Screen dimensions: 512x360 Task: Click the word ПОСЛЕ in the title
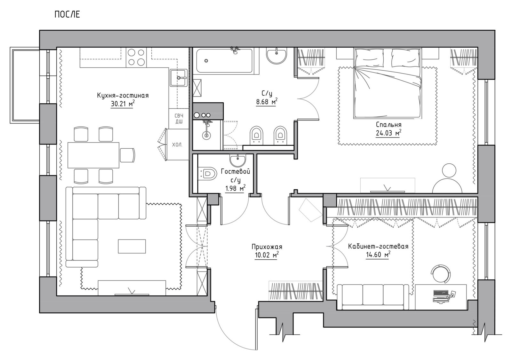[67, 15]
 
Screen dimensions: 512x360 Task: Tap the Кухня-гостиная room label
[123, 96]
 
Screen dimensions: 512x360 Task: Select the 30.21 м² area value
[122, 104]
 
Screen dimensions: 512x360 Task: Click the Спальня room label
[388, 125]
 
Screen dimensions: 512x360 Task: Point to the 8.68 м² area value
[267, 102]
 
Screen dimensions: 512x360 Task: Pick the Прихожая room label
[267, 247]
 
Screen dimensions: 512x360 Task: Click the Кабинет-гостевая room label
[378, 247]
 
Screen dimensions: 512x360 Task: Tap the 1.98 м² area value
[235, 188]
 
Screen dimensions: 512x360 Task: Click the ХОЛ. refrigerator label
[177, 145]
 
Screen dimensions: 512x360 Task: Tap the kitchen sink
[178, 78]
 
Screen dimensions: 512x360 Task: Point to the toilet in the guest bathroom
[207, 174]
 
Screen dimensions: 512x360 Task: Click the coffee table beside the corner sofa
[132, 246]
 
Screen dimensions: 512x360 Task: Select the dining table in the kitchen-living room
[93, 155]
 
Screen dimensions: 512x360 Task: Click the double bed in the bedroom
[388, 83]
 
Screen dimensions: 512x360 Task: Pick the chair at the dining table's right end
[128, 155]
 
